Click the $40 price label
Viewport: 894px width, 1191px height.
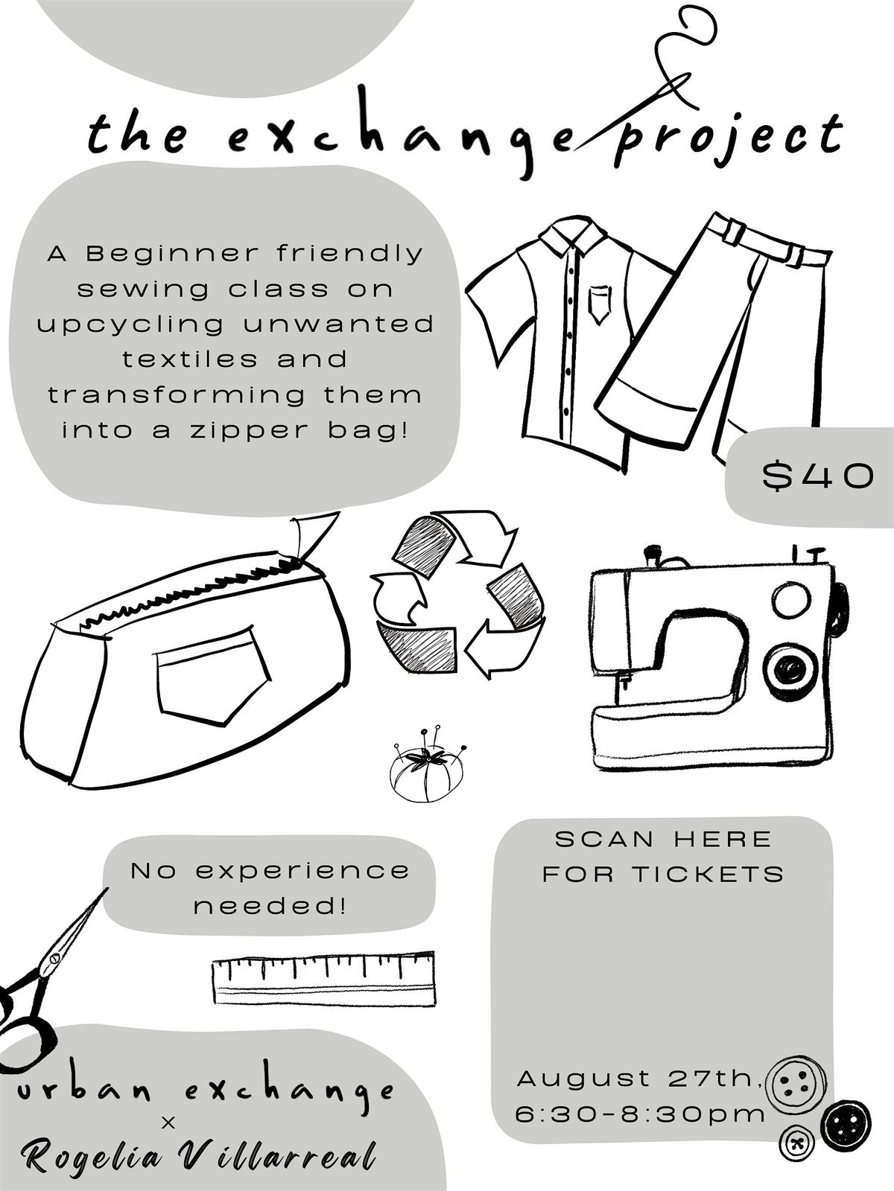pos(818,476)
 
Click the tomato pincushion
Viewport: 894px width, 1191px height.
pos(427,765)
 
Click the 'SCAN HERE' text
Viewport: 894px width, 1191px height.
pos(663,840)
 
